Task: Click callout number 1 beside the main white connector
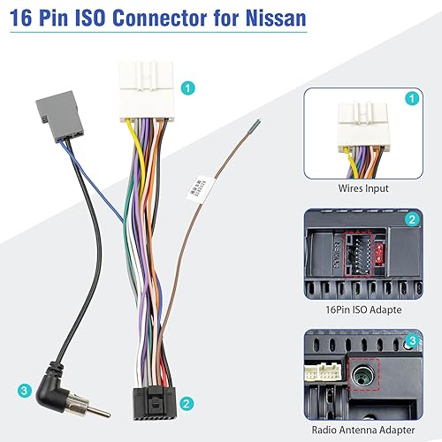pyautogui.click(x=187, y=88)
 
